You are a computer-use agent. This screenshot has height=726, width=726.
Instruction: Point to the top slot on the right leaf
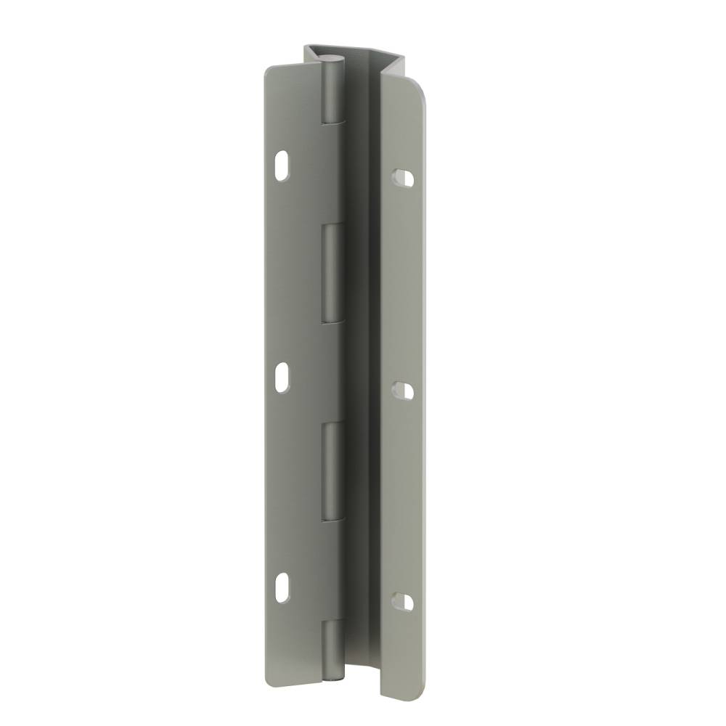point(403,178)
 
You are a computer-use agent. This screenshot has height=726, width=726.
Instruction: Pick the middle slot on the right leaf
point(404,391)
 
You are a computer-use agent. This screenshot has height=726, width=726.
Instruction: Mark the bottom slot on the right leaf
point(403,601)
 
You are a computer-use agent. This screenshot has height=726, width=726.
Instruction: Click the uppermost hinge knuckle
point(332,91)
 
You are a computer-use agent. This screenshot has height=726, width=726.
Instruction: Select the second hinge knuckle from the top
point(332,272)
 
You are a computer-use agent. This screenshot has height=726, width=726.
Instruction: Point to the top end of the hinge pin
point(332,59)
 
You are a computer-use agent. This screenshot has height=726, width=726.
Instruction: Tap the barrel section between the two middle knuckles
point(331,370)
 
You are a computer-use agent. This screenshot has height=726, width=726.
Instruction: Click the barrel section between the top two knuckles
point(331,171)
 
